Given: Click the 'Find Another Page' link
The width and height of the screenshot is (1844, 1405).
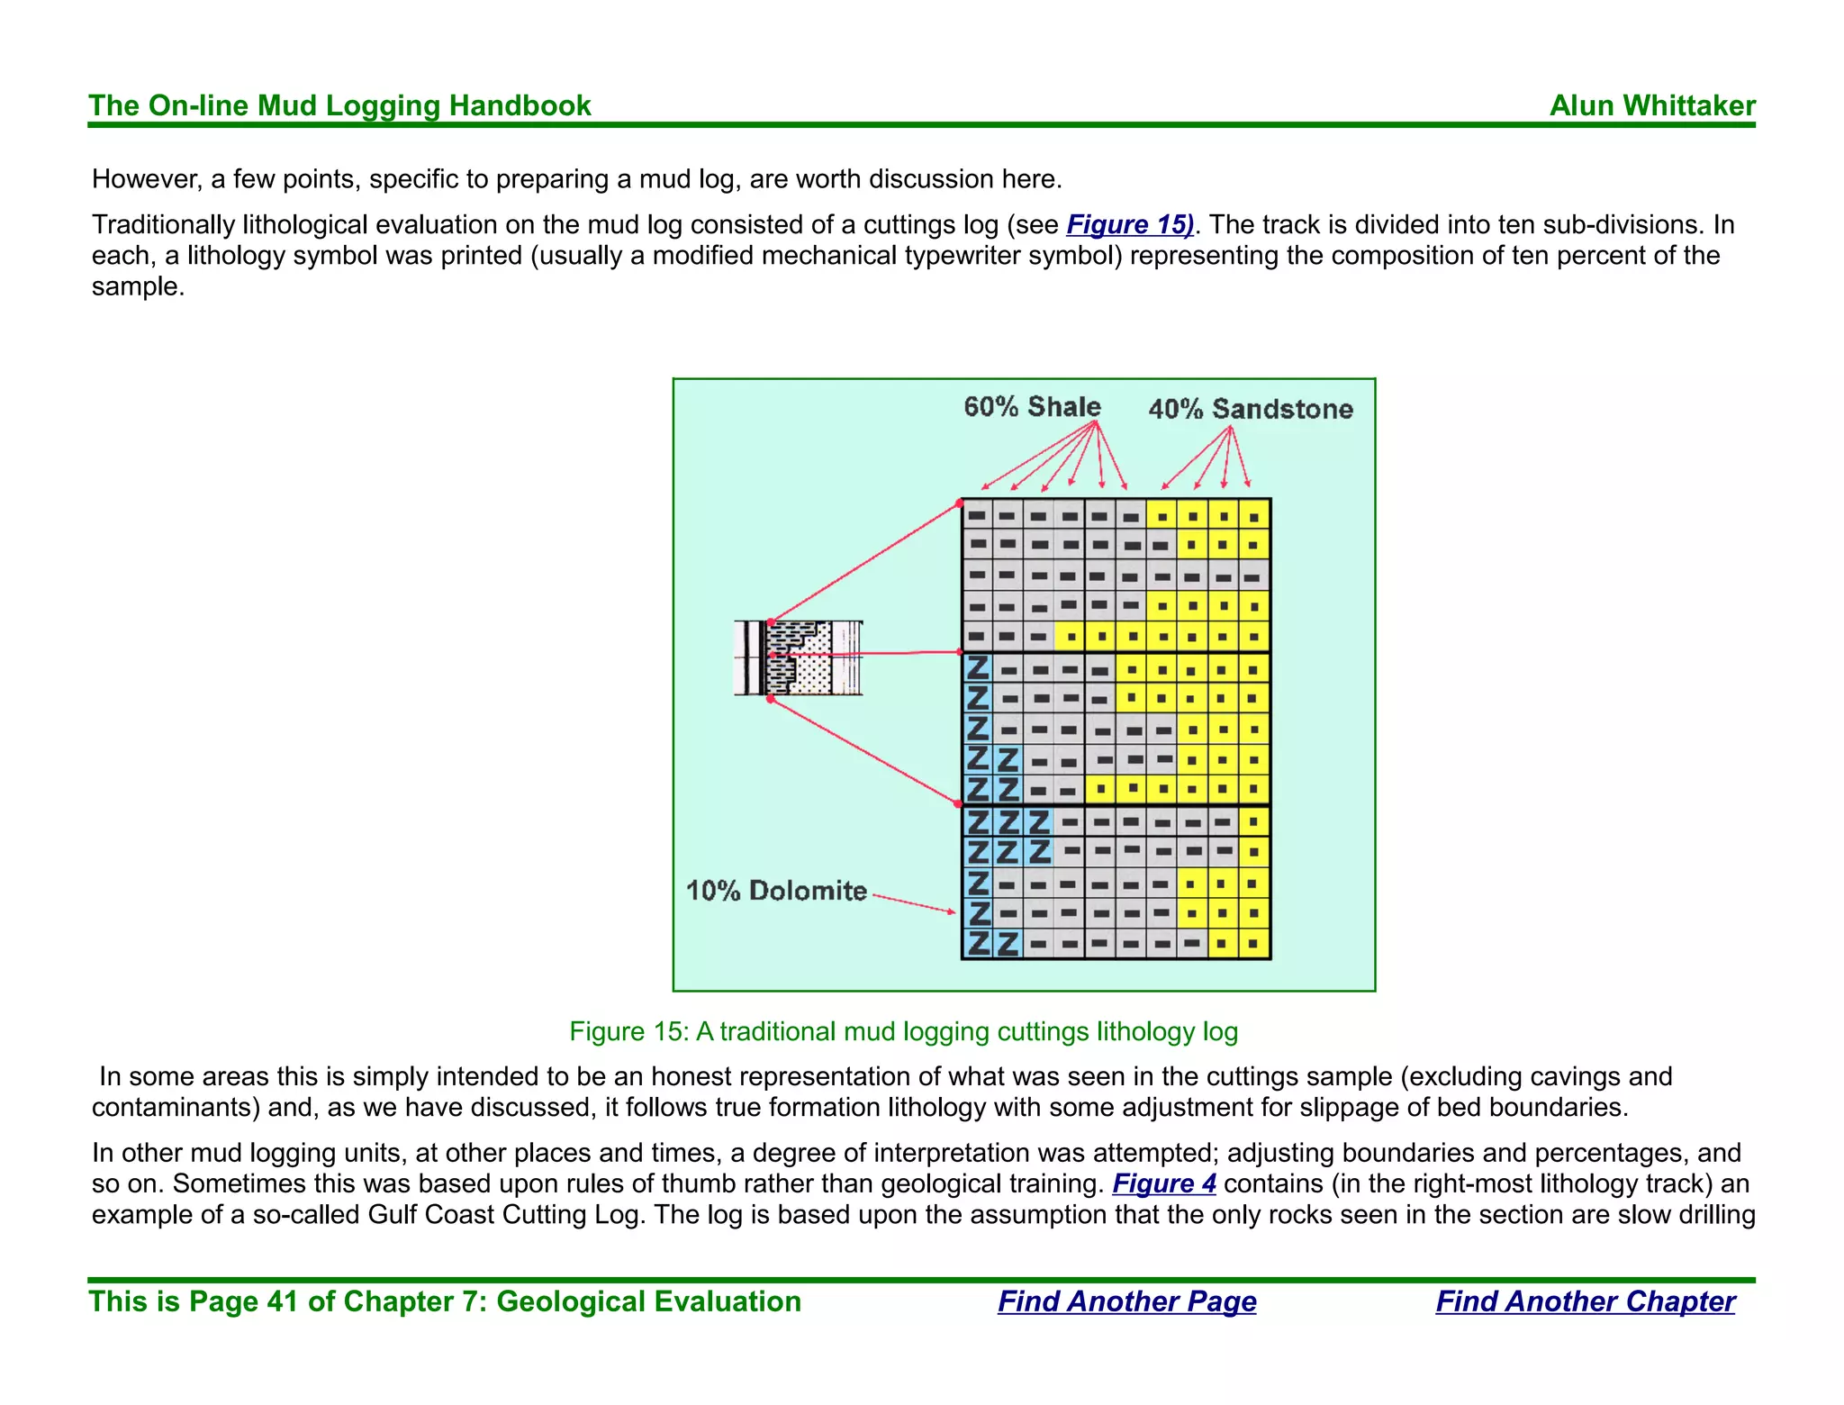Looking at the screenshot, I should click(x=1126, y=1301).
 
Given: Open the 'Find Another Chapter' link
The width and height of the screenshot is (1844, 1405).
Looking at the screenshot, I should click(x=1585, y=1301).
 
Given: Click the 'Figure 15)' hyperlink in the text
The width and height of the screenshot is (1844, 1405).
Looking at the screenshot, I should click(x=1129, y=224).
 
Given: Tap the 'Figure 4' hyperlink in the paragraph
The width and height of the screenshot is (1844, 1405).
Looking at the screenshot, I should click(x=1163, y=1183).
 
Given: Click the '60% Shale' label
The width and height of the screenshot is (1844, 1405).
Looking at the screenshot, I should click(x=1032, y=407).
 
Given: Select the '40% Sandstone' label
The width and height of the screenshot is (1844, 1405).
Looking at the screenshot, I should click(x=1251, y=409).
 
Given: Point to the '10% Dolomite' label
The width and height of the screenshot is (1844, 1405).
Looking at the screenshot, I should click(x=776, y=891).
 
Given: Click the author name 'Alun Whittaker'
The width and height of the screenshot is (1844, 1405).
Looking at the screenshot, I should click(x=1652, y=105).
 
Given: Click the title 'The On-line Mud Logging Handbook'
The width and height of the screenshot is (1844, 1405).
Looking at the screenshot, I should click(x=339, y=105).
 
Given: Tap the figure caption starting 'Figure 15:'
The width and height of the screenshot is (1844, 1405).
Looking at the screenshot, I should click(x=903, y=1031).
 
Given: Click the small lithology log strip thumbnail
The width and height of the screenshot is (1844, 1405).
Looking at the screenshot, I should click(x=798, y=657).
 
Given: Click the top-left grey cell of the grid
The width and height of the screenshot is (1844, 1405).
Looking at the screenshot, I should click(x=977, y=515).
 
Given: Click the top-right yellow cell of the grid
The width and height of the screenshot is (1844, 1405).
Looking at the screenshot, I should click(x=1254, y=516).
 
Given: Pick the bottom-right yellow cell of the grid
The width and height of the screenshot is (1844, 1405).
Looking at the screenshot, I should click(x=1254, y=944).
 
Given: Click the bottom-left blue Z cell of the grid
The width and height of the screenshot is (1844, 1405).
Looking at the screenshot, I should click(x=978, y=944).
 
